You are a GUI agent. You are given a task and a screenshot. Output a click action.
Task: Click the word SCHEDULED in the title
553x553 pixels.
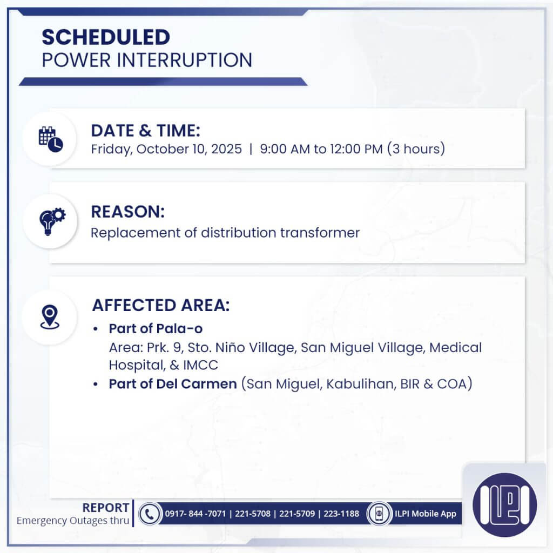[x=106, y=37]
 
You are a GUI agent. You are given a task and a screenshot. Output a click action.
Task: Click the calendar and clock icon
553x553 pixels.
[x=50, y=138]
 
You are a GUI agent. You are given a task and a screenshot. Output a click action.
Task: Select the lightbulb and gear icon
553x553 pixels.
[x=50, y=220]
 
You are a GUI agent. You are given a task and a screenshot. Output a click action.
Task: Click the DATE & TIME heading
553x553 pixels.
[x=145, y=130]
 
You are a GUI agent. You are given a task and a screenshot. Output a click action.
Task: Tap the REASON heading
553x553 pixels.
[x=127, y=212]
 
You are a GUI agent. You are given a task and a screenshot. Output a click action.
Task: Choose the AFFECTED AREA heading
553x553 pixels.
[x=160, y=305]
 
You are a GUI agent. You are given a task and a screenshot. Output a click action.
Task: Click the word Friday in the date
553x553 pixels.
[x=110, y=149]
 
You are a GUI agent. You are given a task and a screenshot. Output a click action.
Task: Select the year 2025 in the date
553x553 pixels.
[x=226, y=149]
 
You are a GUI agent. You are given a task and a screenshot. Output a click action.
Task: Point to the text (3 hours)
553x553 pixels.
[x=415, y=149]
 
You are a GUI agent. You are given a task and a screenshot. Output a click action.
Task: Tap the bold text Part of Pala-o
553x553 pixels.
[x=156, y=329]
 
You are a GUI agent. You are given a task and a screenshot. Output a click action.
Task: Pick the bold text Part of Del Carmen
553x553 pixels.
[x=173, y=384]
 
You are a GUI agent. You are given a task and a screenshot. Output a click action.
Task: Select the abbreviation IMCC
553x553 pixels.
[x=201, y=365]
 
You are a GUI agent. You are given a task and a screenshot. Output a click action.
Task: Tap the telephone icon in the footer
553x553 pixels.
[x=149, y=514]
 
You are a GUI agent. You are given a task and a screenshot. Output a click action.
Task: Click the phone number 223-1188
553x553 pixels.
[x=341, y=514]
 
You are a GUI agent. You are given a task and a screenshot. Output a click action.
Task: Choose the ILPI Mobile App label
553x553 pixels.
[x=426, y=514]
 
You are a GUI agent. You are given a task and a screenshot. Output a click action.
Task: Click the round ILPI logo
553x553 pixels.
[x=504, y=504]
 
